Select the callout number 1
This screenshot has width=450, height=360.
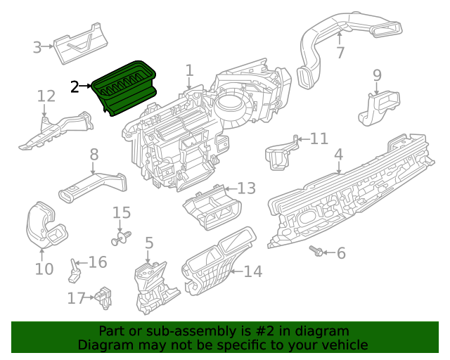(189, 70)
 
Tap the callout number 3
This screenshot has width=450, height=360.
(37, 48)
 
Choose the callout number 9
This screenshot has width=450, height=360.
(377, 75)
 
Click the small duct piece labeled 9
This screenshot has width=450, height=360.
(376, 109)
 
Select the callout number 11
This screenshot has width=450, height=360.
(319, 139)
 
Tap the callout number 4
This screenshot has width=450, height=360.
(338, 154)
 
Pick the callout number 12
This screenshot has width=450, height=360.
(46, 96)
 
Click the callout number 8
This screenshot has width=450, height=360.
(94, 154)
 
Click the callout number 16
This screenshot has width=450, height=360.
(98, 262)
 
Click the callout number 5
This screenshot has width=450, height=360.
(149, 243)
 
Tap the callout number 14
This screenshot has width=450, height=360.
(252, 271)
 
